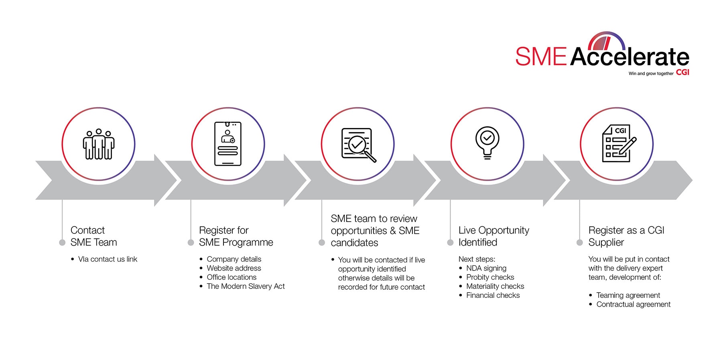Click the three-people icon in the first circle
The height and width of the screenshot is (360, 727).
(x=99, y=144)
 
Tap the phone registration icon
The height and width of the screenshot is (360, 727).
(x=228, y=144)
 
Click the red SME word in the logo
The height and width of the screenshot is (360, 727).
(x=541, y=57)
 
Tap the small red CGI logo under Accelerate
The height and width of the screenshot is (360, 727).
(x=682, y=72)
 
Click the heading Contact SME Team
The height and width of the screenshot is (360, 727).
(x=94, y=236)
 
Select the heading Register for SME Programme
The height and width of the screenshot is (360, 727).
(x=236, y=236)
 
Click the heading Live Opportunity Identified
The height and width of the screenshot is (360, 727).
(x=493, y=236)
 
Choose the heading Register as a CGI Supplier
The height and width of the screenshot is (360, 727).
(x=626, y=236)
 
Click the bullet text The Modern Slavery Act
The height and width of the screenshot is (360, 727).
(x=246, y=286)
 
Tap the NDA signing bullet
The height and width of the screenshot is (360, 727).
(x=486, y=268)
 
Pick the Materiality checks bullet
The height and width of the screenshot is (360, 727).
(x=495, y=286)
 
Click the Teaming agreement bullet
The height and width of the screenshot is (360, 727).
(x=628, y=295)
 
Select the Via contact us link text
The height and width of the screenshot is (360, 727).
(x=108, y=259)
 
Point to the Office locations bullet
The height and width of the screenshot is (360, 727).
(x=232, y=277)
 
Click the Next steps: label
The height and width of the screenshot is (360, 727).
(x=477, y=259)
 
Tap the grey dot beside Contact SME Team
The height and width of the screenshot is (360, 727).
(x=62, y=242)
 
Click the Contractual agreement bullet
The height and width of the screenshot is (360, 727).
(x=633, y=304)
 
